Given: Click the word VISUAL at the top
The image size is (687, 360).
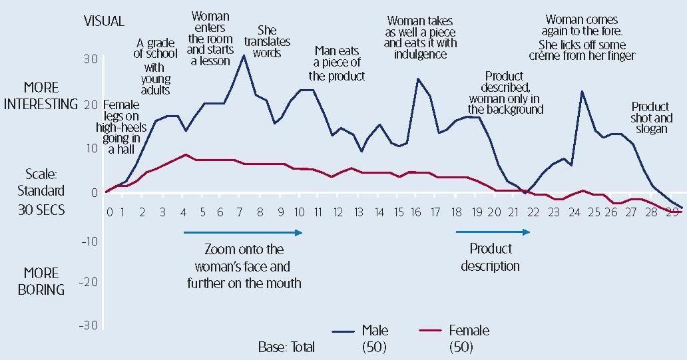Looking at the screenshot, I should (x=104, y=21).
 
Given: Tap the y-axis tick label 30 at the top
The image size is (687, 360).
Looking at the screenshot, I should (x=91, y=60).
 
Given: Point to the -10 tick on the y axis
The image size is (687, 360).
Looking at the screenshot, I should (x=89, y=241).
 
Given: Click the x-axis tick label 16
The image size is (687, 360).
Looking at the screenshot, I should (x=417, y=212).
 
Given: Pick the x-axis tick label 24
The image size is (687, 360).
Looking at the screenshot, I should (x=573, y=212).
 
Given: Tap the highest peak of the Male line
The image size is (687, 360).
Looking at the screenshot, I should (x=244, y=55).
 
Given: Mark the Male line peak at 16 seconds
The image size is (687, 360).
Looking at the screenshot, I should (x=418, y=79).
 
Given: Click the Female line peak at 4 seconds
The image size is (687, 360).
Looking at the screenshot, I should (x=186, y=154).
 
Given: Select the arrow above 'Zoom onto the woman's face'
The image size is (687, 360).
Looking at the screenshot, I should (x=243, y=232).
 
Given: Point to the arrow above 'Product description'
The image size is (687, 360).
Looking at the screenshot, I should (x=493, y=232).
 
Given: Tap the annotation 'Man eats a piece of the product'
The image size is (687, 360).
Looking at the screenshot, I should (x=337, y=63).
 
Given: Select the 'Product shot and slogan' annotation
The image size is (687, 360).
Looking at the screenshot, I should (x=650, y=118).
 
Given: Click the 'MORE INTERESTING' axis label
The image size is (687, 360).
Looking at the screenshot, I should (x=41, y=96).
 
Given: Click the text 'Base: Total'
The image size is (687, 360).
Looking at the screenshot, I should (x=286, y=347).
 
